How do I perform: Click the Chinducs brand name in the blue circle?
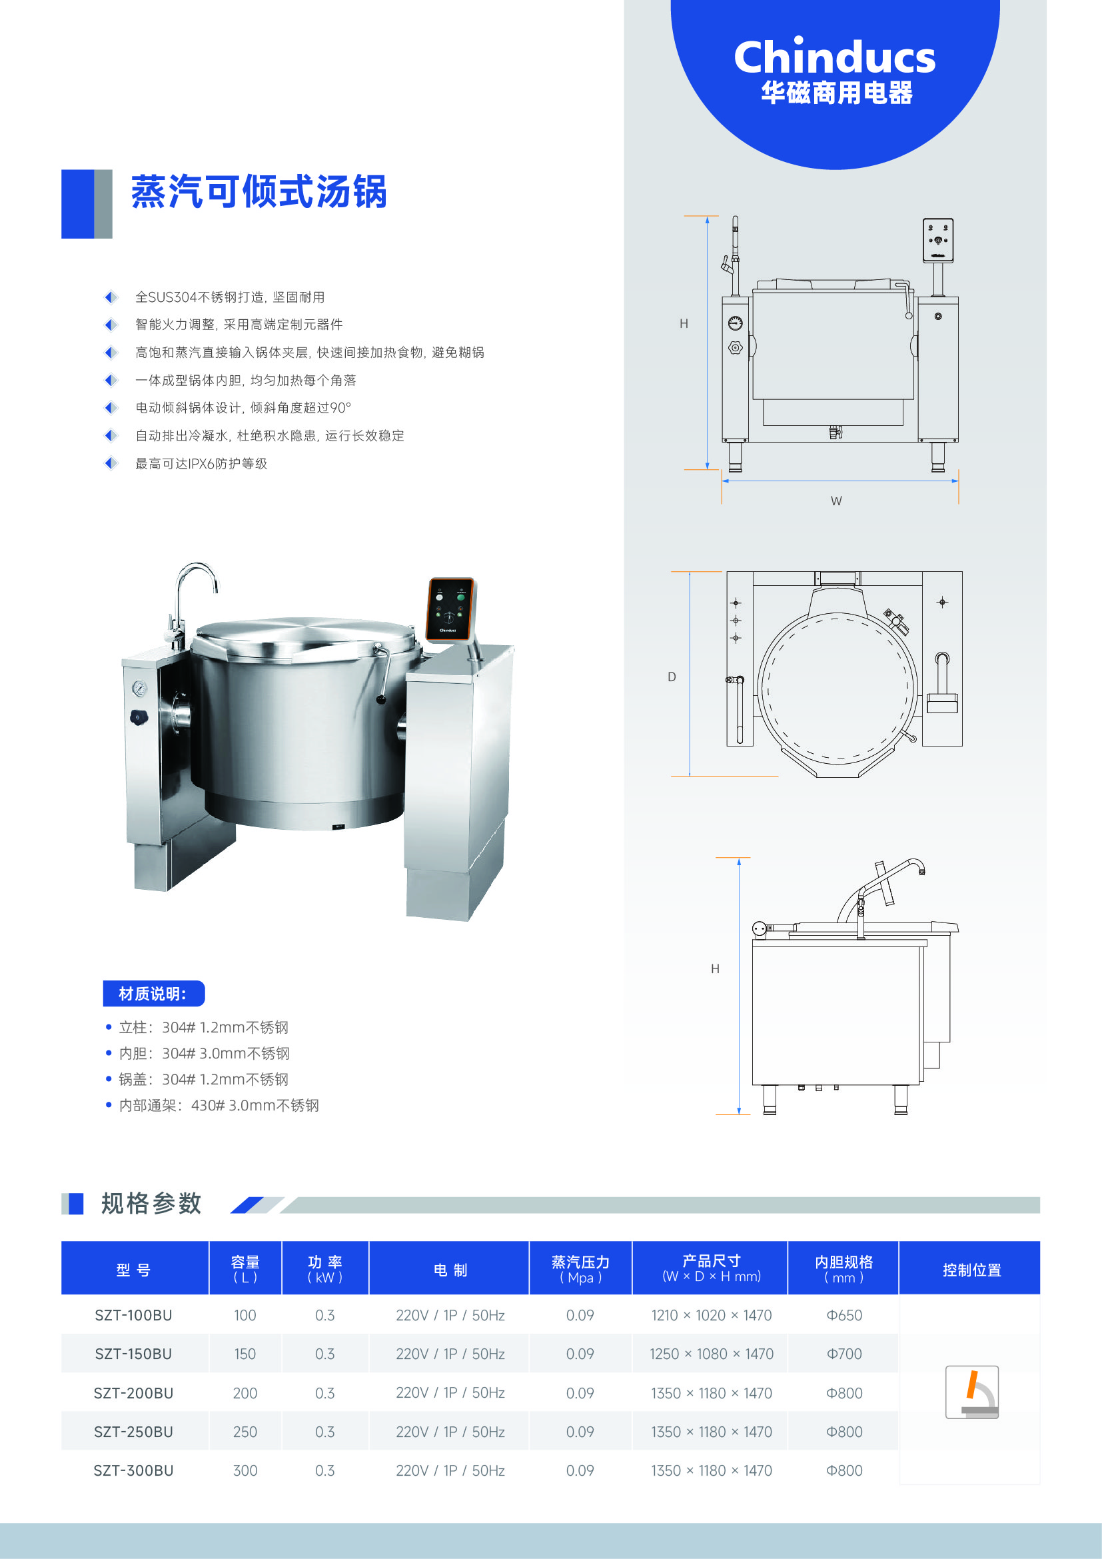click(x=835, y=57)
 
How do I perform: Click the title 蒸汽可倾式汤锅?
click(x=259, y=191)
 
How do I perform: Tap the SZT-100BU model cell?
click(x=134, y=1315)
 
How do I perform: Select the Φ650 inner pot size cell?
click(x=844, y=1315)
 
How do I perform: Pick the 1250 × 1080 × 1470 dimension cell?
click(x=711, y=1354)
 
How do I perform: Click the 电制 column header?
click(x=450, y=1270)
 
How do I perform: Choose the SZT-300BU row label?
click(x=134, y=1470)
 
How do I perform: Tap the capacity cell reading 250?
click(x=245, y=1431)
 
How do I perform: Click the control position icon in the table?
click(x=971, y=1392)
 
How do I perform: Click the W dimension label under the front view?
click(x=836, y=501)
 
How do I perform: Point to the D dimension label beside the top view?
click(x=672, y=677)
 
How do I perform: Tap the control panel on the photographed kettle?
click(x=449, y=609)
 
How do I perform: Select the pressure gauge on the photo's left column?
click(x=140, y=689)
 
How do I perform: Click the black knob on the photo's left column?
click(x=139, y=717)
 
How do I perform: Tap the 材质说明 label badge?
click(x=153, y=993)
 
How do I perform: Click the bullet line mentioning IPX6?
click(x=201, y=464)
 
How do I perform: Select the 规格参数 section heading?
click(x=151, y=1203)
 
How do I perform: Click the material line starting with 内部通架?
click(x=219, y=1105)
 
